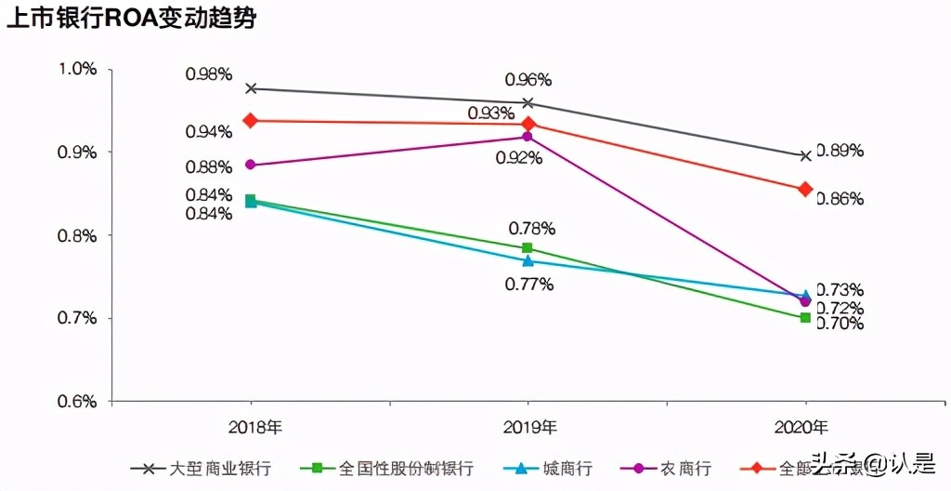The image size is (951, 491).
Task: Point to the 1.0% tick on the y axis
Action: pyautogui.click(x=77, y=69)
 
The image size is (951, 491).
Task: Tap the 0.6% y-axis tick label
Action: pyautogui.click(x=77, y=402)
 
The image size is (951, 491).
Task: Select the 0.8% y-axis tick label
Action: pyautogui.click(x=77, y=235)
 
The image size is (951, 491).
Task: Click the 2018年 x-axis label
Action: pyautogui.click(x=252, y=429)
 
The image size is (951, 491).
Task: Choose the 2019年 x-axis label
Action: pyautogui.click(x=528, y=429)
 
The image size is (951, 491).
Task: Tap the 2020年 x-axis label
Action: pyautogui.click(x=804, y=429)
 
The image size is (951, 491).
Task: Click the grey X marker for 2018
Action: pyautogui.click(x=251, y=88)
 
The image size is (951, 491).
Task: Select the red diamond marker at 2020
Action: pyautogui.click(x=805, y=189)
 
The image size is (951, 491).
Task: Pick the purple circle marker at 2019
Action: pyautogui.click(x=528, y=137)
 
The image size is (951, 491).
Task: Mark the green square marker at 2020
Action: pyautogui.click(x=805, y=317)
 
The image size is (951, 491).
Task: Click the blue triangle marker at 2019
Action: pyautogui.click(x=528, y=260)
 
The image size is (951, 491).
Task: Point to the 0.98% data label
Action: pyautogui.click(x=208, y=74)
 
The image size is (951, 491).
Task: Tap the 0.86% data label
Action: pyautogui.click(x=840, y=198)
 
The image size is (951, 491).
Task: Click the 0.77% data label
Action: pyautogui.click(x=529, y=285)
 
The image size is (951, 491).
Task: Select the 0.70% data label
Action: pyautogui.click(x=840, y=324)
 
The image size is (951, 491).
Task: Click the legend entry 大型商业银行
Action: pyautogui.click(x=221, y=468)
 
